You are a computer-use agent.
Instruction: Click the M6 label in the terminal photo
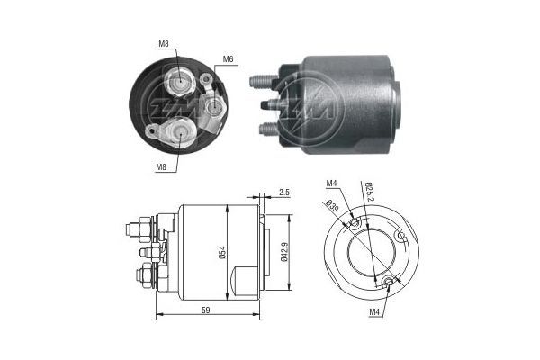(x=229, y=59)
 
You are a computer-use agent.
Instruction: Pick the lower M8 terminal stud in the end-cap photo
(x=182, y=132)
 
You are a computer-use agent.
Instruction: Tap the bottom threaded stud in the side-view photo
(x=266, y=128)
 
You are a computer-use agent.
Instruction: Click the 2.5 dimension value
(x=283, y=193)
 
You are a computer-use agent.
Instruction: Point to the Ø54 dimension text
(x=221, y=254)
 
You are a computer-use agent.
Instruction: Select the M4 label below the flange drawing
(x=374, y=312)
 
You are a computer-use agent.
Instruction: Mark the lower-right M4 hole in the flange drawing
(x=388, y=283)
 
